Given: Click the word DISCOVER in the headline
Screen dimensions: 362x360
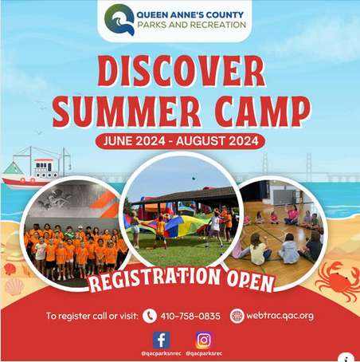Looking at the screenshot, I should [181, 73].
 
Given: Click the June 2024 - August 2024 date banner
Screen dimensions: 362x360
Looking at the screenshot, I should [181, 142].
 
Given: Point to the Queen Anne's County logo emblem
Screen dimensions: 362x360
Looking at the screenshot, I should [118, 20].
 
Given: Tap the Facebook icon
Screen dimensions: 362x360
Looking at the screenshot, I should [161, 339].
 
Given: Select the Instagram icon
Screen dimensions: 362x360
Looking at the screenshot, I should [204, 339].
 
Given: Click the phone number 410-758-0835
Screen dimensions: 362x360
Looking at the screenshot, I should [190, 315].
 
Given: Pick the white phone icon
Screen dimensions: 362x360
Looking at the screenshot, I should [150, 315].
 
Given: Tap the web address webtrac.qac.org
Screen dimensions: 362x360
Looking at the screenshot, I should [280, 315].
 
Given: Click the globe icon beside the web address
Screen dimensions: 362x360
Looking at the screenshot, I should [237, 315].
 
